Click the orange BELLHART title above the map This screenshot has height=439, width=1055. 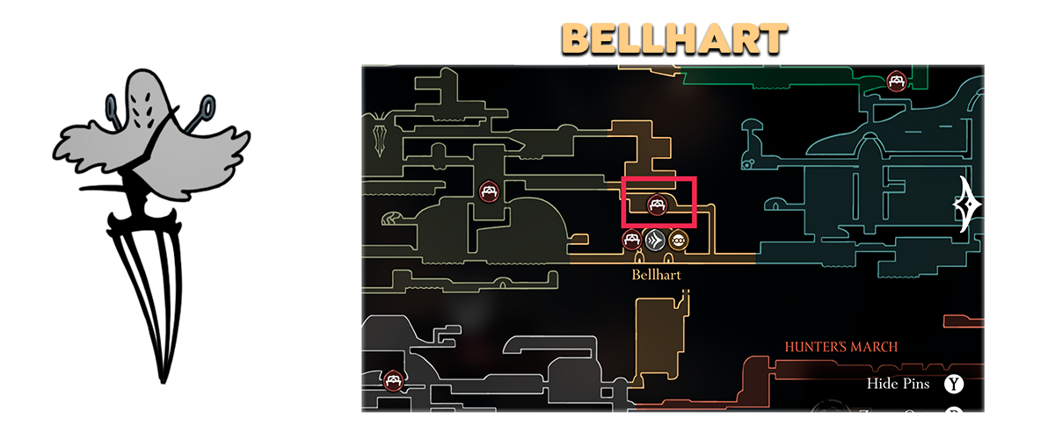[674, 40]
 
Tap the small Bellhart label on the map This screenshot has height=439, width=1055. [656, 274]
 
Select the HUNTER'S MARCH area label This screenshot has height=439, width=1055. [841, 347]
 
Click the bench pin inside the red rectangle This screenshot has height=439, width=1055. [656, 205]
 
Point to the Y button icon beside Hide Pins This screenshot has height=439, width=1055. [953, 384]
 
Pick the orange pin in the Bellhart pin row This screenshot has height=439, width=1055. [678, 239]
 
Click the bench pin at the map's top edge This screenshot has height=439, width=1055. [897, 81]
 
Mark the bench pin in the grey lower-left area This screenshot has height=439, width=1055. [393, 380]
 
